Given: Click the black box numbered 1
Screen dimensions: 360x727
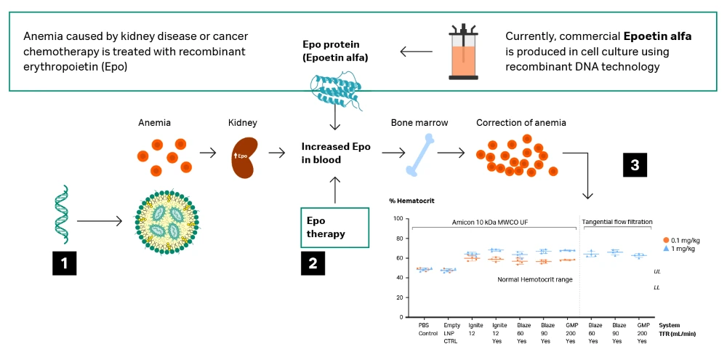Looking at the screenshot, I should coord(64,263).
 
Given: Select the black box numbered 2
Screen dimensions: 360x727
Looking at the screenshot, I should coord(313,263).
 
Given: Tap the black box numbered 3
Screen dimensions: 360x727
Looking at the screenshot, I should coord(635,165).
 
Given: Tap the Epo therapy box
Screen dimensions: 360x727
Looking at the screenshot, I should coord(335,228).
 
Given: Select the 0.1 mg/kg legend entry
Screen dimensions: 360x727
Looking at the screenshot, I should coord(684,240).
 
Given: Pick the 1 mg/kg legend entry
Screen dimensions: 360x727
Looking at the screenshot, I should coord(681,249).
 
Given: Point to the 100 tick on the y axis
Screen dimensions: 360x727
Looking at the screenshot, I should coord(397,219).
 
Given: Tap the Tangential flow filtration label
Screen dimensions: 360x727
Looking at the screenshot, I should coord(617,222).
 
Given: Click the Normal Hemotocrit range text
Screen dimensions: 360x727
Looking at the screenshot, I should coord(534,279).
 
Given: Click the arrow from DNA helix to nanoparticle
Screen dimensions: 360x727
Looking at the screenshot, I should coord(100,220).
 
